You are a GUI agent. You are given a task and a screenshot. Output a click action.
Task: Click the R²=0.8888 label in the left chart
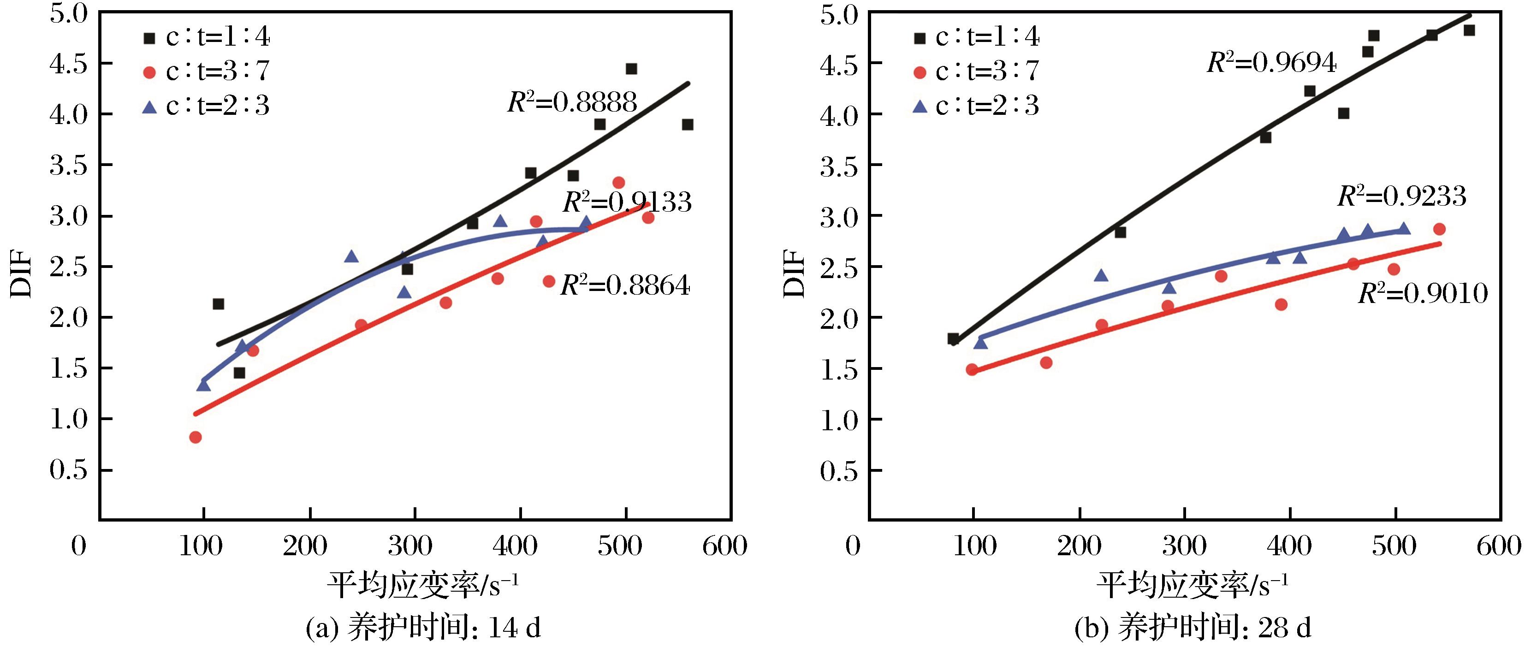(572, 102)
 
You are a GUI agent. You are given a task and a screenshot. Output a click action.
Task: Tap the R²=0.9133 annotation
(627, 202)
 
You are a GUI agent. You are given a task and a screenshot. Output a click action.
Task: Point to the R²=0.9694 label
(1272, 62)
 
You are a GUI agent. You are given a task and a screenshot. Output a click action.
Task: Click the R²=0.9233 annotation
(1402, 196)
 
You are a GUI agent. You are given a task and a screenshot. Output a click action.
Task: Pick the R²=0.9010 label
(1423, 293)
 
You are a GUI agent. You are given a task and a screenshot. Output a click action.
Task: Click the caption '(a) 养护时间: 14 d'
(423, 628)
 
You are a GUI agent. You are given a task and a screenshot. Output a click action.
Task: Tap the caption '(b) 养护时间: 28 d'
(1193, 628)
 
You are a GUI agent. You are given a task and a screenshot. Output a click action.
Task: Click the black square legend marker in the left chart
(149, 38)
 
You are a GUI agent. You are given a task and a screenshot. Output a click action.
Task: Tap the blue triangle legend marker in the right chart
(920, 107)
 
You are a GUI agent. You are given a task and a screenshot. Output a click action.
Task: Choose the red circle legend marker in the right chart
(920, 73)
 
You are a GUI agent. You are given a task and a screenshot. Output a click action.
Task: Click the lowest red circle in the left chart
(196, 437)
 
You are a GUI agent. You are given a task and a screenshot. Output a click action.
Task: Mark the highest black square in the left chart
(631, 69)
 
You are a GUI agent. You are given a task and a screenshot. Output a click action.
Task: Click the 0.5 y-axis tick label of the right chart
(838, 470)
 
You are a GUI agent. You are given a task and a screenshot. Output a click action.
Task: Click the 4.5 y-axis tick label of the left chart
(69, 64)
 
